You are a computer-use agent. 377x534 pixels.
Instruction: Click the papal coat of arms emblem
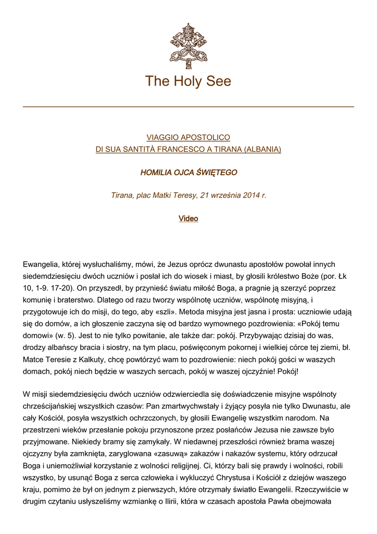[x=188, y=45]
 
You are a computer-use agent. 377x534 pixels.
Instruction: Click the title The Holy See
[x=188, y=81]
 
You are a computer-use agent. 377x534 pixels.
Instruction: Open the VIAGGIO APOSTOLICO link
[x=188, y=138]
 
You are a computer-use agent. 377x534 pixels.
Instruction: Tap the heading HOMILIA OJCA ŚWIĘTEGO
[x=188, y=172]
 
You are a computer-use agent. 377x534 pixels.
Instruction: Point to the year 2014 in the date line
[x=252, y=196]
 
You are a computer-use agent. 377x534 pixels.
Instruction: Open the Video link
[x=188, y=219]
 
